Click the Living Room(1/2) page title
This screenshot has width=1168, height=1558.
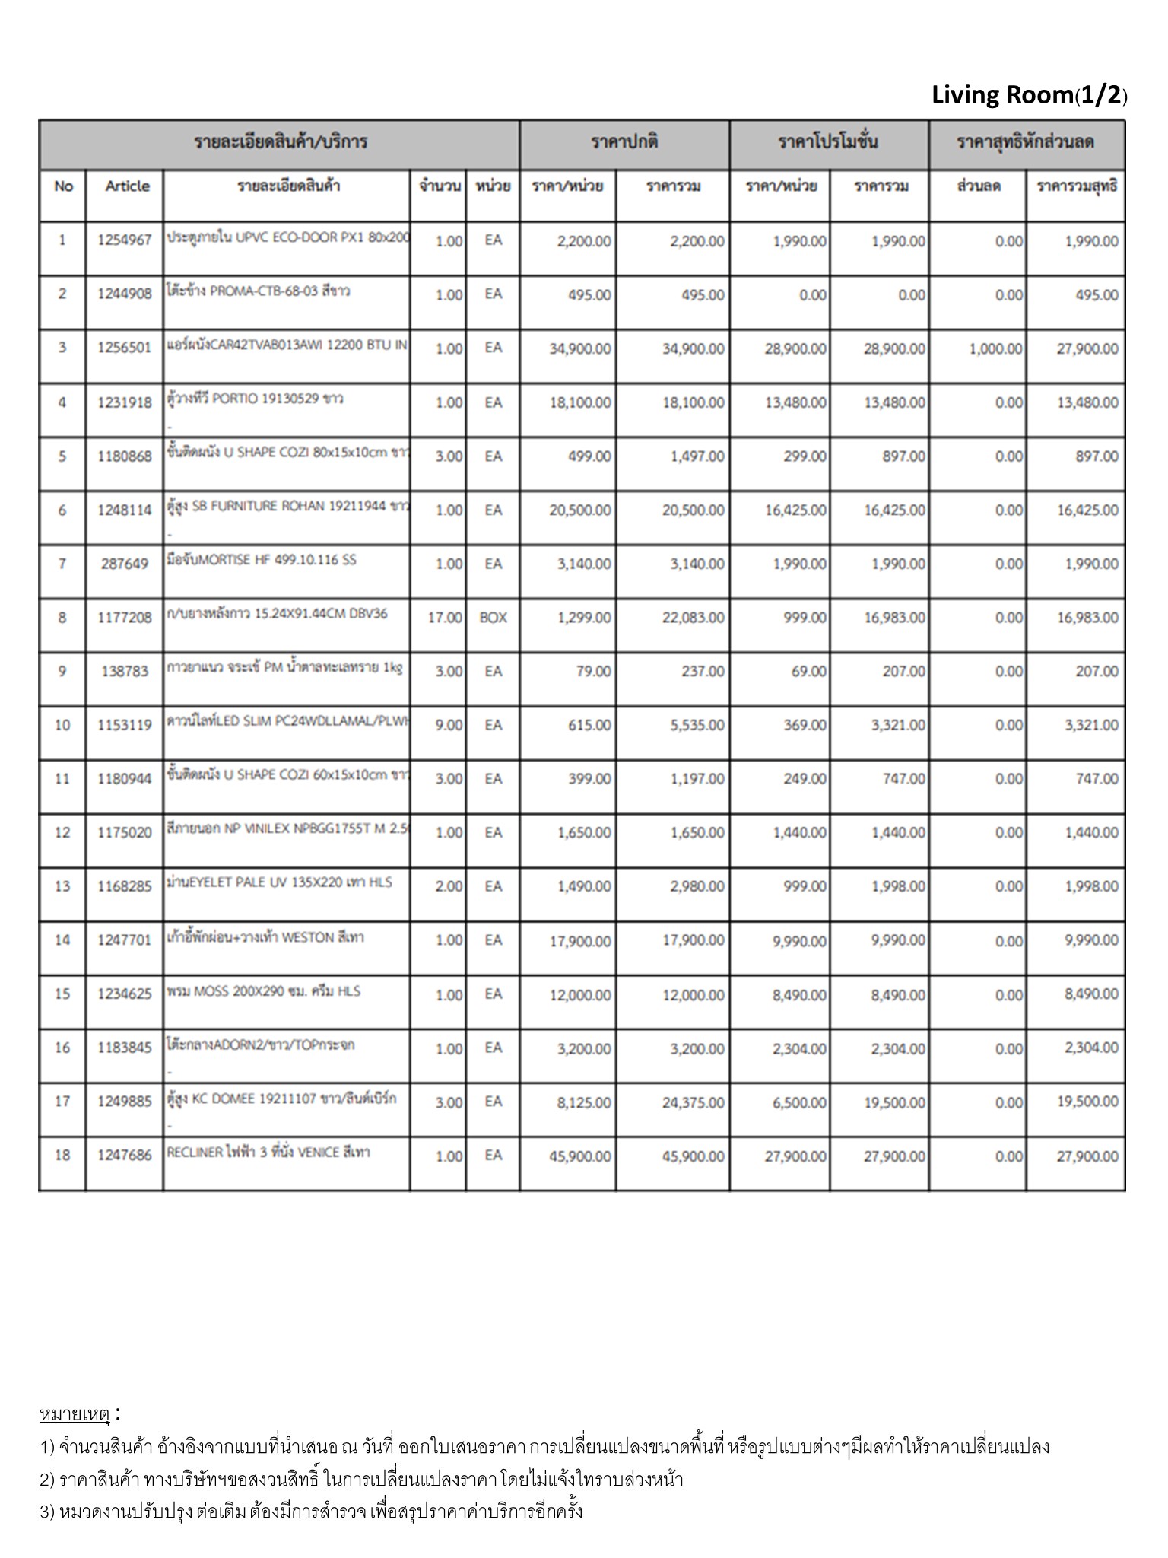[x=1029, y=95]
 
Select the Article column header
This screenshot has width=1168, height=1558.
[x=127, y=186]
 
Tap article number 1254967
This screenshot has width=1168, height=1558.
[x=125, y=240]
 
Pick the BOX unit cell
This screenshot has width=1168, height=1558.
[x=493, y=618]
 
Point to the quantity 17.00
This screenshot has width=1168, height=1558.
[x=444, y=618]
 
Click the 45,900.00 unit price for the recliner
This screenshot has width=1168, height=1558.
[x=579, y=1156]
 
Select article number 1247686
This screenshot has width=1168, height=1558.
[x=125, y=1155]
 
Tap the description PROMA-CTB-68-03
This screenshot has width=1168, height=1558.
[x=259, y=291]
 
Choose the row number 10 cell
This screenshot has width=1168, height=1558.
[x=62, y=725]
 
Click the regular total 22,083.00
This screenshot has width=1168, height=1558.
[x=693, y=618]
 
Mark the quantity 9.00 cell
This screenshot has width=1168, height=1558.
[x=448, y=725]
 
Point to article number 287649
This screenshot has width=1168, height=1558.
[x=125, y=564]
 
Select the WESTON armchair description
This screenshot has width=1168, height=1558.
[x=265, y=937]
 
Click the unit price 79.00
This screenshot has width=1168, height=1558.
[x=593, y=672]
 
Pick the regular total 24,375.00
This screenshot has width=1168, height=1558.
[x=693, y=1102]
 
